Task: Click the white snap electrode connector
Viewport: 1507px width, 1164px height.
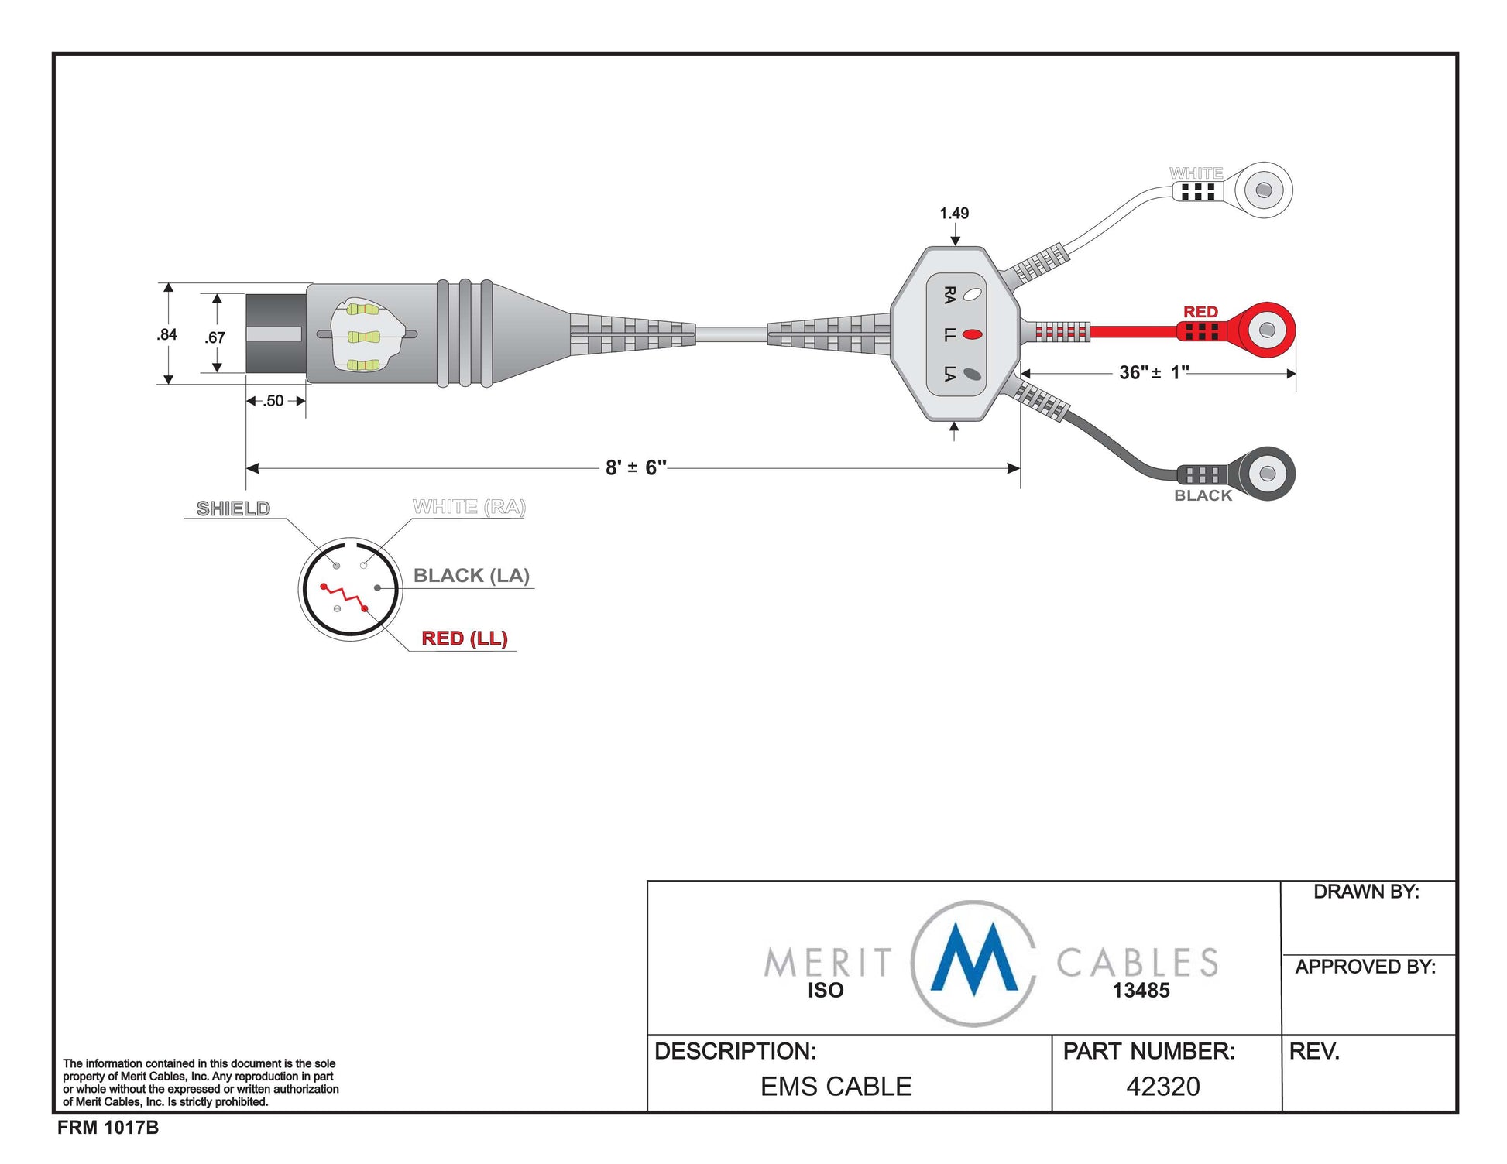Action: (1262, 190)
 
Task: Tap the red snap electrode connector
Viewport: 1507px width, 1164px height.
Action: (1265, 330)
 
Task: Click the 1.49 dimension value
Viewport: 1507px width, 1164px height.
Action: (954, 213)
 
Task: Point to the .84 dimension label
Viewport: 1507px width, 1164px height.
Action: (166, 334)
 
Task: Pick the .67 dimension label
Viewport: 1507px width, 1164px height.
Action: (215, 337)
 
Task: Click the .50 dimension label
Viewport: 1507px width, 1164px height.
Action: (273, 401)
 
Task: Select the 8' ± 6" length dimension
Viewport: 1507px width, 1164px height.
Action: (636, 467)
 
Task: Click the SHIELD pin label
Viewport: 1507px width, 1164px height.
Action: (233, 508)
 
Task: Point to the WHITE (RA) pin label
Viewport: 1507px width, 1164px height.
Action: (469, 507)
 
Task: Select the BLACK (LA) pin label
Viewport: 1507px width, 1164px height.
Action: (471, 575)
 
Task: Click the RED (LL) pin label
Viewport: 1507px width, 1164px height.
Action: (464, 638)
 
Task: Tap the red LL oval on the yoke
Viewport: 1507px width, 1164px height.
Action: (972, 334)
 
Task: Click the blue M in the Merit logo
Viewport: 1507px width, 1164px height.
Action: (974, 960)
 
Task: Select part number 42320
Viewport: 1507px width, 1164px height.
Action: (1162, 1087)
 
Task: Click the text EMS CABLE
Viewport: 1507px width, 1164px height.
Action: (836, 1087)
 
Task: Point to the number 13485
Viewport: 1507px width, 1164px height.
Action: (1141, 991)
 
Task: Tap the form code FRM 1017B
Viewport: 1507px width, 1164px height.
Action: (108, 1128)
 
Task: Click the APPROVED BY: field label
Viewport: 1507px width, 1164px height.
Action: (1365, 967)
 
